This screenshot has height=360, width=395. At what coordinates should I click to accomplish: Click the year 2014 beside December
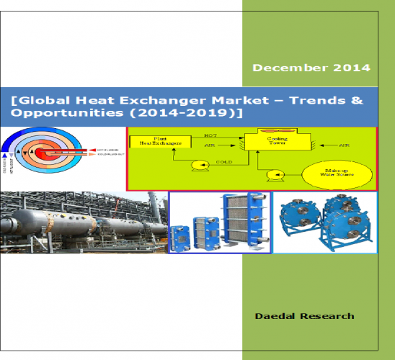click(352, 68)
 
